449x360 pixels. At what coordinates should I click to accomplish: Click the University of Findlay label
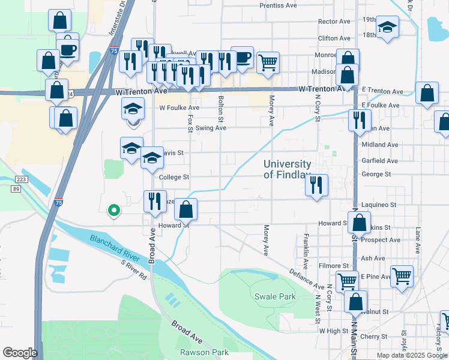[288, 169]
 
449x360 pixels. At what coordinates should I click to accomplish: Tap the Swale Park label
[275, 296]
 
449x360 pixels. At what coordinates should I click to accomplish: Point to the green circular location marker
[113, 210]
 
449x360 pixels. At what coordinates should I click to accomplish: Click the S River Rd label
[134, 270]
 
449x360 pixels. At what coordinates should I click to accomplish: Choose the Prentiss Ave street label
[278, 5]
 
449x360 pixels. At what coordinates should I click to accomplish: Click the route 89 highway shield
[17, 189]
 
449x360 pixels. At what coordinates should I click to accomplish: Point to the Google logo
[19, 353]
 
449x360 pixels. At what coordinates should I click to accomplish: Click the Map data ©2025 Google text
[412, 355]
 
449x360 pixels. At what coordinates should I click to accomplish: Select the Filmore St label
[334, 265]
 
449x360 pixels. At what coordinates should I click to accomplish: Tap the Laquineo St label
[379, 205]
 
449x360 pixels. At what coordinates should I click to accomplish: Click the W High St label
[334, 331]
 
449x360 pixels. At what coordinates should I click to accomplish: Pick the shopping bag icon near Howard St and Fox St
[186, 209]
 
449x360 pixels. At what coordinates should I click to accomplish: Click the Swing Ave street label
[209, 128]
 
